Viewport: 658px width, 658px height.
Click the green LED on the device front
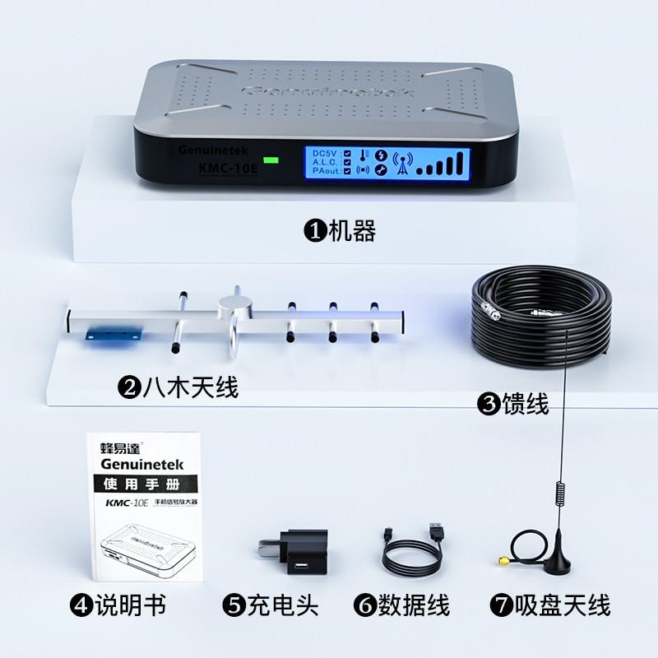[270, 161]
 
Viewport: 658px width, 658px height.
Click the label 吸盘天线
[563, 607]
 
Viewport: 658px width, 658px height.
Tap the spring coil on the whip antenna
[561, 493]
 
